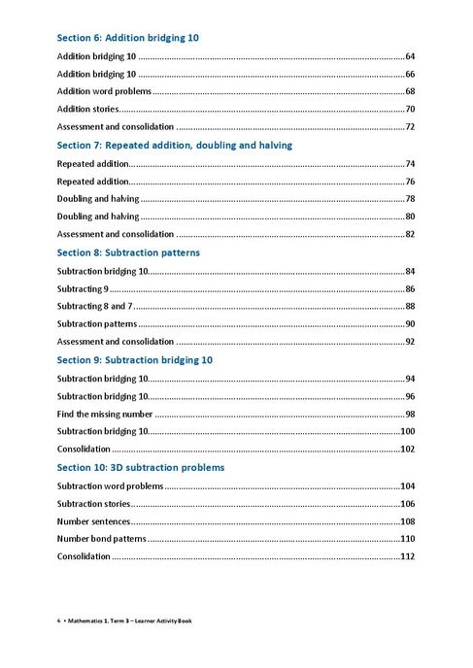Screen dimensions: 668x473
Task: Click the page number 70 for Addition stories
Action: click(410, 109)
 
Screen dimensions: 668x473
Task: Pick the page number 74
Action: click(410, 163)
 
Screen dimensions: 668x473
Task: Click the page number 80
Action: click(410, 217)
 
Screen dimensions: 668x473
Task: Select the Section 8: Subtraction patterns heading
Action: click(128, 252)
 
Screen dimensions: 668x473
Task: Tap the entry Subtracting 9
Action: click(83, 288)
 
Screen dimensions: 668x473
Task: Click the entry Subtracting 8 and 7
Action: click(95, 306)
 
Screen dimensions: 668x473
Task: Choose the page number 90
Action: click(410, 324)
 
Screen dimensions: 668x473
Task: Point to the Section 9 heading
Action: click(134, 360)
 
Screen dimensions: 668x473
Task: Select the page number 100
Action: click(408, 431)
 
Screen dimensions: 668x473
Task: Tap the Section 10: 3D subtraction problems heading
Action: click(141, 467)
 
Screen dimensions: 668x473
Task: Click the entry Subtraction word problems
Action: click(110, 485)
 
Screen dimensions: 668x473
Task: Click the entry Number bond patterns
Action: click(100, 539)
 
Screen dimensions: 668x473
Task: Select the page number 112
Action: click(408, 556)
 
